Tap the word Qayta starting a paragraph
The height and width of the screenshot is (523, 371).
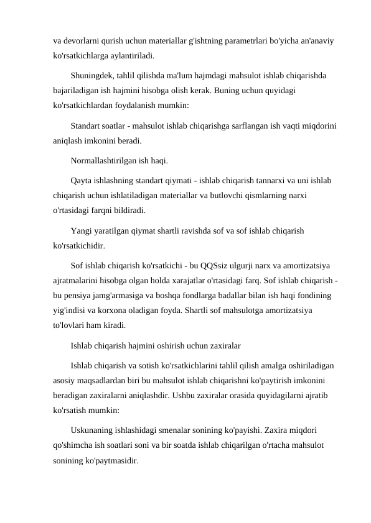(x=82, y=181)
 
